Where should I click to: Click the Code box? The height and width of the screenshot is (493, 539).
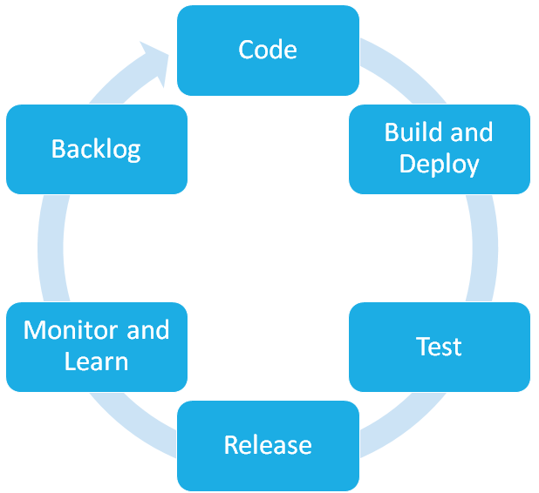[x=268, y=51]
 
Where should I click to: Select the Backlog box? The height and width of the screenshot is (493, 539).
[x=97, y=149]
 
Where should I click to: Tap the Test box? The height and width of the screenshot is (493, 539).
[x=440, y=347]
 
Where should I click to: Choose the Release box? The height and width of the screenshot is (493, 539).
[x=268, y=446]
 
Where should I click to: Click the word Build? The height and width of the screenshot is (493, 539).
[x=413, y=132]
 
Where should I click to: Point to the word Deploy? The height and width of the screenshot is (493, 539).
[x=439, y=165]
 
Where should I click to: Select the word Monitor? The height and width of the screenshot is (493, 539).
[x=72, y=330]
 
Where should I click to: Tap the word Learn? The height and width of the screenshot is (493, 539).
[x=96, y=361]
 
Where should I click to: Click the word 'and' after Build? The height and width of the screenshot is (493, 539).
[x=472, y=132]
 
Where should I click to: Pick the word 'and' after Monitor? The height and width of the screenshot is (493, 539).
[x=148, y=330]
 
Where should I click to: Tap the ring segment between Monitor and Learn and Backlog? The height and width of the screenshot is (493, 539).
[x=51, y=248]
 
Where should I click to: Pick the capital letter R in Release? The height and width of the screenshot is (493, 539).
[x=231, y=445]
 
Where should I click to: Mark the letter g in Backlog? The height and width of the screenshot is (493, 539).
[x=133, y=152]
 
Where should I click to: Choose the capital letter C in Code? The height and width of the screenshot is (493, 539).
[x=246, y=50]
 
